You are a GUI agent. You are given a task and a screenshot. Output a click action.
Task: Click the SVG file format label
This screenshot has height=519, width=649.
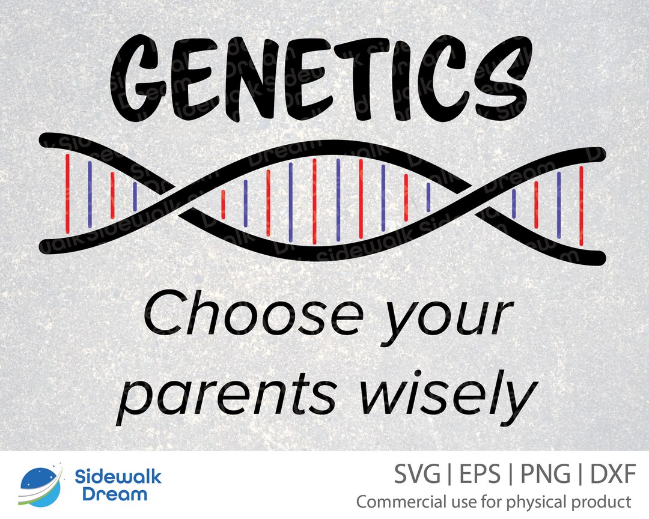click(x=417, y=476)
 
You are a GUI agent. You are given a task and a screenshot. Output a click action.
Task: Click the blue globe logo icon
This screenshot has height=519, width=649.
click(x=40, y=485)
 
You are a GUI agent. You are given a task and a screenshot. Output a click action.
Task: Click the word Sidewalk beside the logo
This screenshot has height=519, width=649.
click(x=118, y=478)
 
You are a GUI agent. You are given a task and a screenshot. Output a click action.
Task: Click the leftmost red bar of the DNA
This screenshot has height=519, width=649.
click(x=67, y=192)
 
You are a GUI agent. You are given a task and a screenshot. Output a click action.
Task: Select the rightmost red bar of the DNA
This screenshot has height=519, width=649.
click(x=581, y=205)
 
